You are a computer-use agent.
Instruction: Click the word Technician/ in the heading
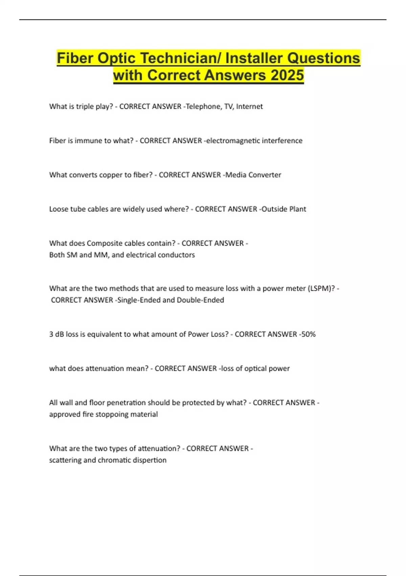tap(181, 58)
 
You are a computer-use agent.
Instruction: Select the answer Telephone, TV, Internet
tap(224, 106)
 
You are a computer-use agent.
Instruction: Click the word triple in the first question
tap(85, 106)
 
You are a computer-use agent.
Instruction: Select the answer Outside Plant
tap(284, 209)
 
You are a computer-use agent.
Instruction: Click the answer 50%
tap(308, 334)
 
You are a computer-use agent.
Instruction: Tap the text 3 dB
tap(56, 334)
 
